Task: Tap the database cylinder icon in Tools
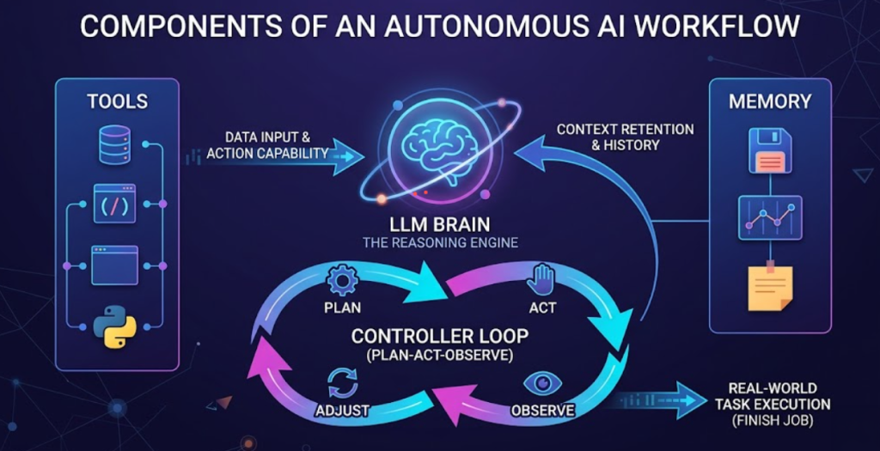coord(114,144)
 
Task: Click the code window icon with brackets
coord(114,204)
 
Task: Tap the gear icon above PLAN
coord(342,280)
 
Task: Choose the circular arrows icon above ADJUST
coord(343,383)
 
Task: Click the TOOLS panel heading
coord(118,101)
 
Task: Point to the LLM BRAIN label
coord(440,222)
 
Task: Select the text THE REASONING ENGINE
coord(440,243)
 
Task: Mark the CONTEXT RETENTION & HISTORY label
coord(625,137)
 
